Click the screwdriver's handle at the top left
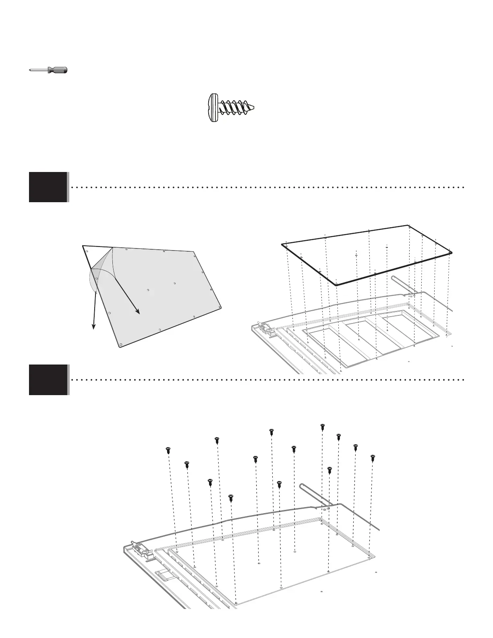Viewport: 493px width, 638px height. click(58, 70)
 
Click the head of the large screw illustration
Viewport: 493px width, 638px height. click(213, 108)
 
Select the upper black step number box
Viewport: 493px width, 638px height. click(48, 187)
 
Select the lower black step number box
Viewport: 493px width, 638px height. click(48, 379)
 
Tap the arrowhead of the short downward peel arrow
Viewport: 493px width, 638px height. click(94, 327)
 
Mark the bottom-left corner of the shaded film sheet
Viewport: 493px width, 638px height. click(120, 346)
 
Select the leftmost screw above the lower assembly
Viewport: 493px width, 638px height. click(168, 450)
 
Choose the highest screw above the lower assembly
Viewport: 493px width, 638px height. click(322, 427)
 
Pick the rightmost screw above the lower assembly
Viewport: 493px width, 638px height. click(373, 458)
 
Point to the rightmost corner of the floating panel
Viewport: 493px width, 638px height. click(452, 252)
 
